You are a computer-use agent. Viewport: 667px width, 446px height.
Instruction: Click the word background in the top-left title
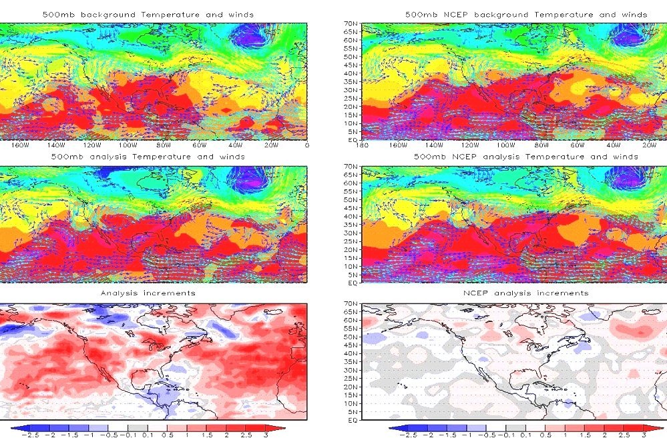(107, 14)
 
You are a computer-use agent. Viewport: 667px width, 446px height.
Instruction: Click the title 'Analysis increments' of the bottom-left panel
(148, 293)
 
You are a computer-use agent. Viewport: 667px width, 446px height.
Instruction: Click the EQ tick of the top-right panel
(352, 140)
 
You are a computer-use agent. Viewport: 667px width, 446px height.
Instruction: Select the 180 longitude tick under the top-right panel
(363, 146)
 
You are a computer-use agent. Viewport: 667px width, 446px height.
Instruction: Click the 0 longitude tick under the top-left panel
(306, 146)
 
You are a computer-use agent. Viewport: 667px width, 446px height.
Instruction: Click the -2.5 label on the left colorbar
(30, 434)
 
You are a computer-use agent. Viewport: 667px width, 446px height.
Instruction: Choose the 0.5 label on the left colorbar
(172, 434)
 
